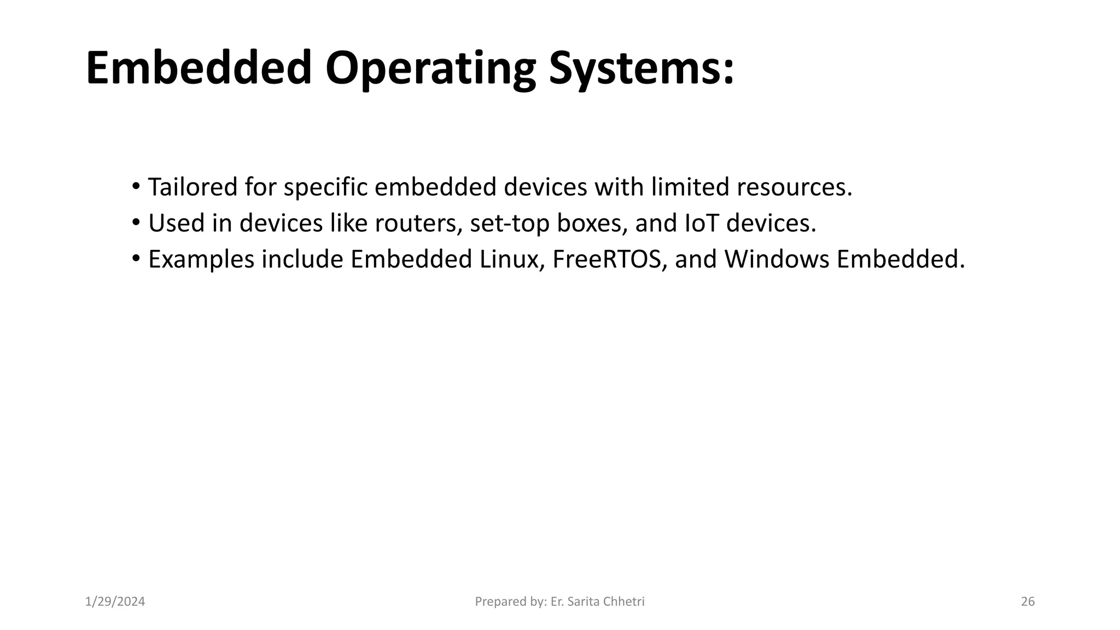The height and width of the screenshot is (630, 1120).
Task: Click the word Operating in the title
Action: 430,69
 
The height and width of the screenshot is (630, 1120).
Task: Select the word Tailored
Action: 192,187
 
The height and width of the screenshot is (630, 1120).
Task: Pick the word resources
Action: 794,187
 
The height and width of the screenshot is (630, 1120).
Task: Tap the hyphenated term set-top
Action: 510,224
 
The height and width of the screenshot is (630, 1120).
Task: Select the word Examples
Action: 201,260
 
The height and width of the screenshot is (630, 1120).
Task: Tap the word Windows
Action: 777,259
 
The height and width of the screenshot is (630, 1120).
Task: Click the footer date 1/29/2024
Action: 115,602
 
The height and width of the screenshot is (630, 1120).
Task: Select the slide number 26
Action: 1028,602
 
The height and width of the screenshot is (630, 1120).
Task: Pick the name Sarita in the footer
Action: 584,602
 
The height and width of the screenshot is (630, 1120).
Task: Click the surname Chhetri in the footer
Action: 625,602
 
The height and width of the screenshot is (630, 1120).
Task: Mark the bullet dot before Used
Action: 136,223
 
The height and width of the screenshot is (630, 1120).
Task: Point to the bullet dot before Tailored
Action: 136,186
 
